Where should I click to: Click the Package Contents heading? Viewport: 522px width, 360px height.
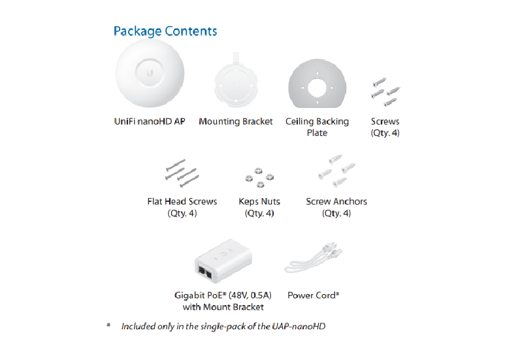pyautogui.click(x=165, y=31)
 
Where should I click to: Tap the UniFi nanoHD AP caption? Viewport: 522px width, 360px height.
pyautogui.click(x=150, y=122)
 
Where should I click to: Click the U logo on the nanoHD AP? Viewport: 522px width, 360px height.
pyautogui.click(x=150, y=73)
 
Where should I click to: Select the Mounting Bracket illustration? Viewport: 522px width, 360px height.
pyautogui.click(x=236, y=80)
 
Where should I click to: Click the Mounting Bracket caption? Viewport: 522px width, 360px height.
pyautogui.click(x=236, y=122)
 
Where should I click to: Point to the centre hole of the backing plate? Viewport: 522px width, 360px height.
pyautogui.click(x=318, y=88)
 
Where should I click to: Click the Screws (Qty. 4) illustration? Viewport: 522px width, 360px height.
pyautogui.click(x=385, y=92)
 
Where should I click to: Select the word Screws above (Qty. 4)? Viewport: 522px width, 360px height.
pyautogui.click(x=385, y=122)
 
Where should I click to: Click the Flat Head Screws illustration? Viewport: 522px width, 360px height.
pyautogui.click(x=182, y=173)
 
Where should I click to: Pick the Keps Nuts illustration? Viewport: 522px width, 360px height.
pyautogui.click(x=259, y=178)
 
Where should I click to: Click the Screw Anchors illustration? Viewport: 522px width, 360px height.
pyautogui.click(x=336, y=171)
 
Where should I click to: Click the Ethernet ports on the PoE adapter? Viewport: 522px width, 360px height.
pyautogui.click(x=204, y=272)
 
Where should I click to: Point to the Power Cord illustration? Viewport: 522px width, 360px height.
pyautogui.click(x=314, y=257)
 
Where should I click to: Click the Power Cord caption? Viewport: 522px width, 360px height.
pyautogui.click(x=314, y=295)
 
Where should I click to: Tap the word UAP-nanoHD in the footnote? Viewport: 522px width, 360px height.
pyautogui.click(x=299, y=327)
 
